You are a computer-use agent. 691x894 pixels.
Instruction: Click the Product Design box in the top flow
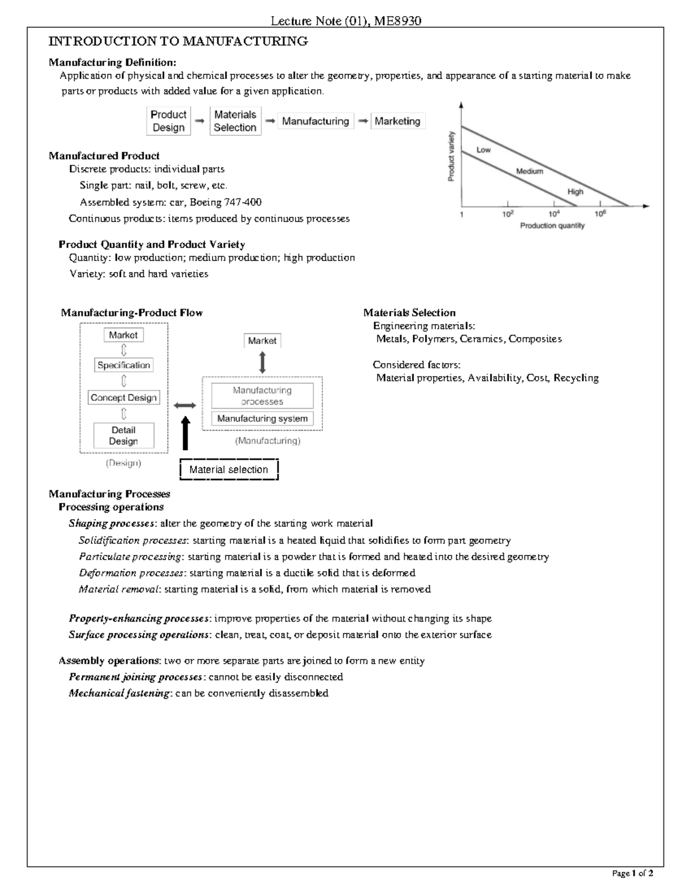point(168,121)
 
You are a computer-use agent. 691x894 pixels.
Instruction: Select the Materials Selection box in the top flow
point(235,121)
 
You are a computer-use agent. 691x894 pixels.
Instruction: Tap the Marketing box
point(397,121)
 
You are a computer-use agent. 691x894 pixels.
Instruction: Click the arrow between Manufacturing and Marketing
point(363,121)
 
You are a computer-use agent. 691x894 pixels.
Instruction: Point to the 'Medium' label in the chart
point(529,171)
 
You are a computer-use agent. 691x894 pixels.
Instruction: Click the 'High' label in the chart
point(575,192)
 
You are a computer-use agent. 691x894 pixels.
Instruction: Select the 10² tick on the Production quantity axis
point(507,214)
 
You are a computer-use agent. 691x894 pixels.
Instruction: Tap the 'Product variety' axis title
point(452,157)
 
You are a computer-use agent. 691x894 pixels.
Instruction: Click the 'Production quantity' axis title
point(552,226)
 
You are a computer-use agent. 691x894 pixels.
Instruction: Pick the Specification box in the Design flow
point(124,365)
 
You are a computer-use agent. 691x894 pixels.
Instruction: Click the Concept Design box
point(124,398)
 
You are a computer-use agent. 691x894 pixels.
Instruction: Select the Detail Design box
point(124,436)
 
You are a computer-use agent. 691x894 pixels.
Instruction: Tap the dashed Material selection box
point(229,470)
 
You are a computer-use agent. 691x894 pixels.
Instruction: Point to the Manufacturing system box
point(262,419)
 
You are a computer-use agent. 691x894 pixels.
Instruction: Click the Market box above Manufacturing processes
point(262,341)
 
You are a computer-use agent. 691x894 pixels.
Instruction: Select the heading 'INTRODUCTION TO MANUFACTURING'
point(178,41)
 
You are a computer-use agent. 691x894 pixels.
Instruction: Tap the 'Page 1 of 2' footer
point(632,873)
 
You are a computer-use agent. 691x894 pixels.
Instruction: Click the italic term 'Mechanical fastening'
point(119,693)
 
